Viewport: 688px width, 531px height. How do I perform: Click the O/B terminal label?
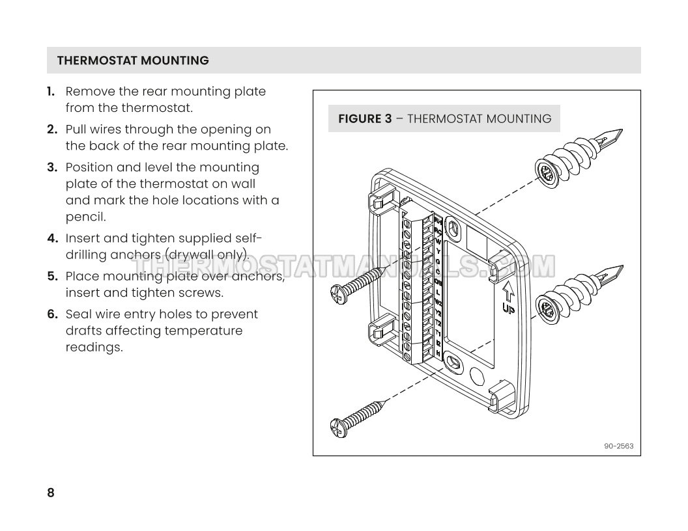(x=438, y=282)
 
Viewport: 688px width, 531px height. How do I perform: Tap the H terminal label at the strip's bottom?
(x=438, y=353)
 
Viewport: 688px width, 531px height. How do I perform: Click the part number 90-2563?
(x=618, y=446)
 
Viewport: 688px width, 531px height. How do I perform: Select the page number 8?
(x=51, y=493)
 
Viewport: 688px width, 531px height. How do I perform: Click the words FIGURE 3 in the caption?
(x=365, y=119)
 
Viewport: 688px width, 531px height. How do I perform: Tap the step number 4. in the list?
(x=53, y=238)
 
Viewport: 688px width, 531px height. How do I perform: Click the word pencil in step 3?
(x=85, y=217)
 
